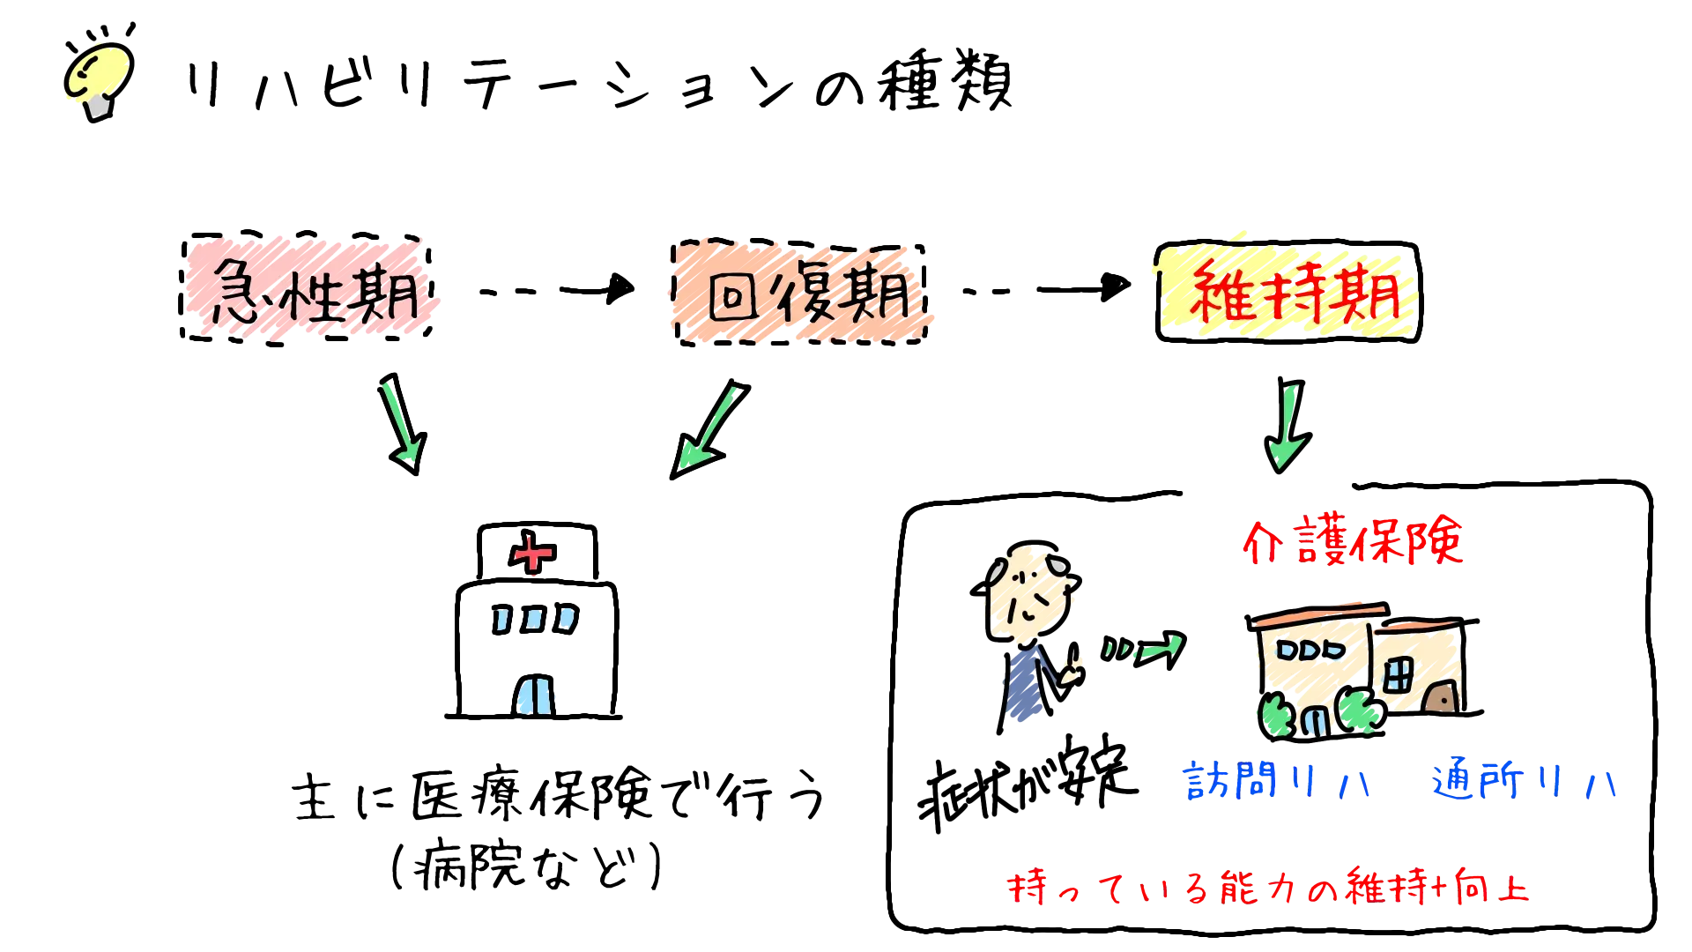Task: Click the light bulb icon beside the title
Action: pos(99,75)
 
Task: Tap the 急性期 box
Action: pos(307,287)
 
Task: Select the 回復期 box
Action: pos(799,292)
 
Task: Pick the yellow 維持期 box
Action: pos(1288,292)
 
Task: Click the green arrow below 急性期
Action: pos(402,423)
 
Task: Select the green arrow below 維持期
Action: pos(1288,426)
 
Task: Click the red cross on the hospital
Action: pos(531,553)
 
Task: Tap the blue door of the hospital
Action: pos(534,695)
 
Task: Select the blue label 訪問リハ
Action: pos(1277,780)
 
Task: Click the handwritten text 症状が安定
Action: pos(1028,783)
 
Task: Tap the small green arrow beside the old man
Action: pos(1143,651)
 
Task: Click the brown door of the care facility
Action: pos(1441,697)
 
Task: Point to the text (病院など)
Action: pos(526,866)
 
